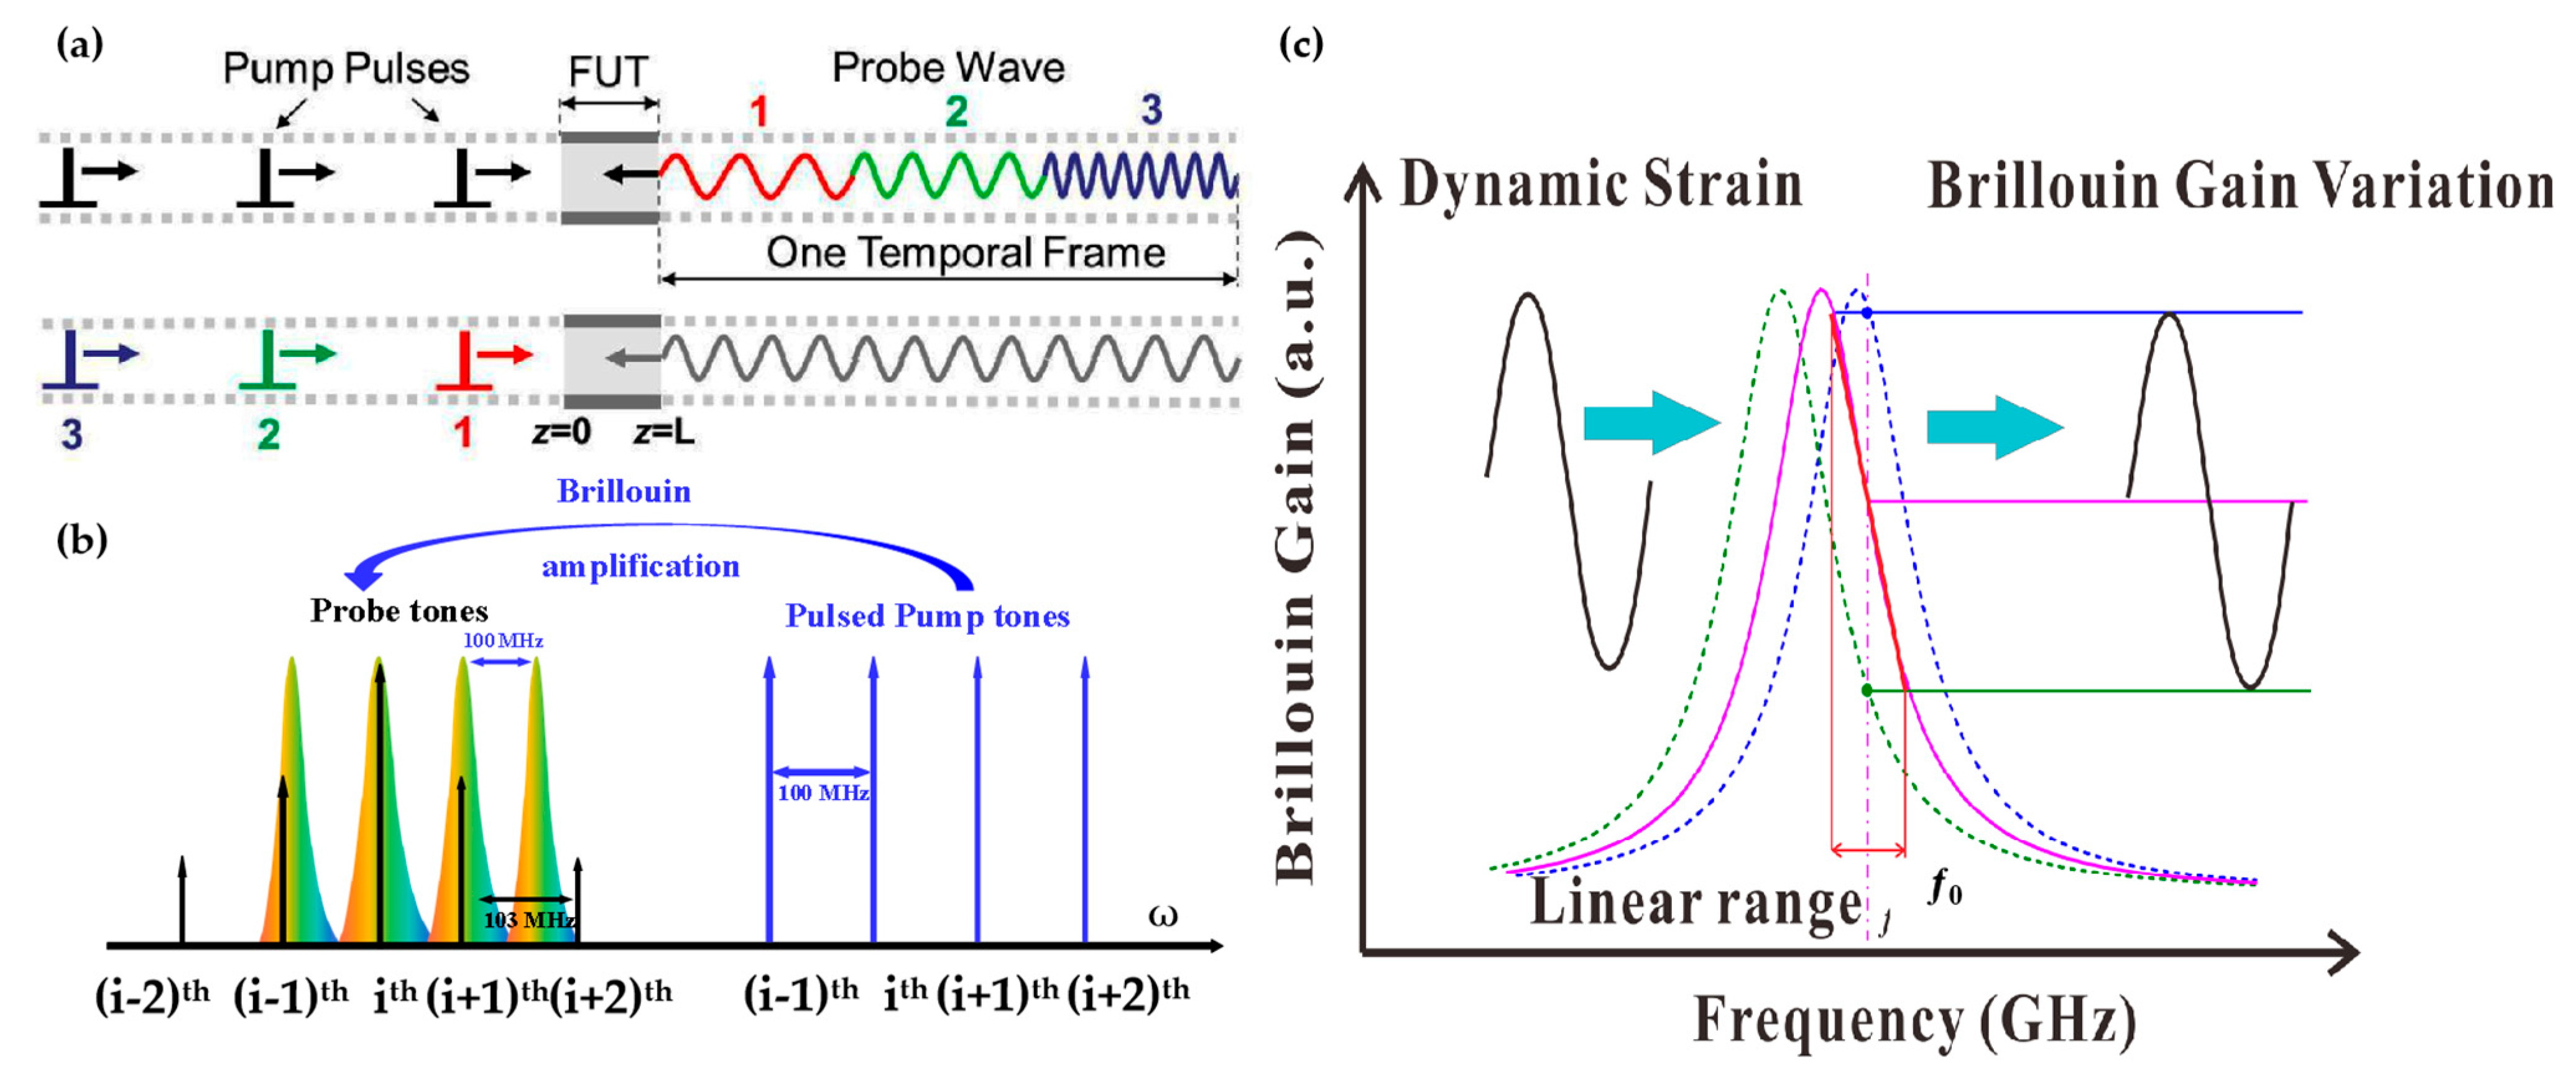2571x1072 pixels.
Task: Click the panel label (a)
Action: pos(80,45)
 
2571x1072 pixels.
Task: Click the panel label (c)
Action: pos(1301,45)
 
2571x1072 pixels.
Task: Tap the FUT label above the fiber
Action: pos(608,72)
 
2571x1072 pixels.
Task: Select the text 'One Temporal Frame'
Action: pos(965,252)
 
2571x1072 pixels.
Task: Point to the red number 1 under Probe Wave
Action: pos(760,111)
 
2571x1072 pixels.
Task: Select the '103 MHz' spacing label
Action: pos(529,919)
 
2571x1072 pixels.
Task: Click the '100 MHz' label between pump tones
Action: pos(823,793)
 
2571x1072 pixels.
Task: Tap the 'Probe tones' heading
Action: pos(399,610)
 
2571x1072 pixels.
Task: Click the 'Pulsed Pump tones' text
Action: pos(927,616)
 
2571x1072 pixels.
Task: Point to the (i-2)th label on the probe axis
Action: pos(152,995)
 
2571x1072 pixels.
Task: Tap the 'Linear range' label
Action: pos(1696,902)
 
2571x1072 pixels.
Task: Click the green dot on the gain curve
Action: pos(1867,690)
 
